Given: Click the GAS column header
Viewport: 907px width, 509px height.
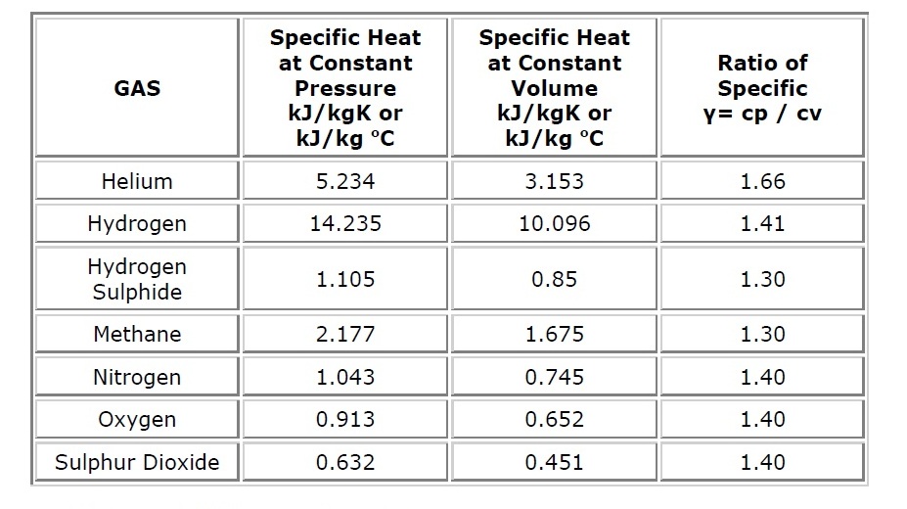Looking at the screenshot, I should point(137,88).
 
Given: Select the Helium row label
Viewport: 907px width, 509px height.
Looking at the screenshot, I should point(137,181).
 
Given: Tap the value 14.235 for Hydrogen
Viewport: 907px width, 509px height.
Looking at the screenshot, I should point(345,223).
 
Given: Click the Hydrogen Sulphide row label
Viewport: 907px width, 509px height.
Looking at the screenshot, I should point(137,279).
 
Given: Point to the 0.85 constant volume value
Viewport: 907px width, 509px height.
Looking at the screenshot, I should point(554,279).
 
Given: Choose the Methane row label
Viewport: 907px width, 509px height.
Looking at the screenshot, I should point(137,334).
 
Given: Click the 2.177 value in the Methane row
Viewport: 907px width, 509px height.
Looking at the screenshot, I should point(345,334).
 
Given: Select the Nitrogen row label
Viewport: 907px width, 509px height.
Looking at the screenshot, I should point(137,377).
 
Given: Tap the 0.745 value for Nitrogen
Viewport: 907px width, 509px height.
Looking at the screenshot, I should point(554,377).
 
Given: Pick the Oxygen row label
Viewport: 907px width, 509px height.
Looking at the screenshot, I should point(137,419).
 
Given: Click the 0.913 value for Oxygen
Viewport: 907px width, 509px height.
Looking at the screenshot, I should point(345,419).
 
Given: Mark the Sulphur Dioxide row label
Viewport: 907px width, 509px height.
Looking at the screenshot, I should point(137,462).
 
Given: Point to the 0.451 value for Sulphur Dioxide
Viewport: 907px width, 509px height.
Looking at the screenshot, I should point(554,462).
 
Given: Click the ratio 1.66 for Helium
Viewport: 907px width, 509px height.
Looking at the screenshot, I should point(762,181).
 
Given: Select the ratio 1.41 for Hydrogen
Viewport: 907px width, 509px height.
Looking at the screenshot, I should point(762,223).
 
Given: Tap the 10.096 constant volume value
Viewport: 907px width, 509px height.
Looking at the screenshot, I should point(554,223).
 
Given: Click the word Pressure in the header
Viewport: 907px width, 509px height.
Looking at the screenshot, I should point(345,88).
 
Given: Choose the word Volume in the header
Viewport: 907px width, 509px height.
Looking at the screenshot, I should point(554,88).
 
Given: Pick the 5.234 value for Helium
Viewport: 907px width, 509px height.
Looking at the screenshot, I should point(345,181).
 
